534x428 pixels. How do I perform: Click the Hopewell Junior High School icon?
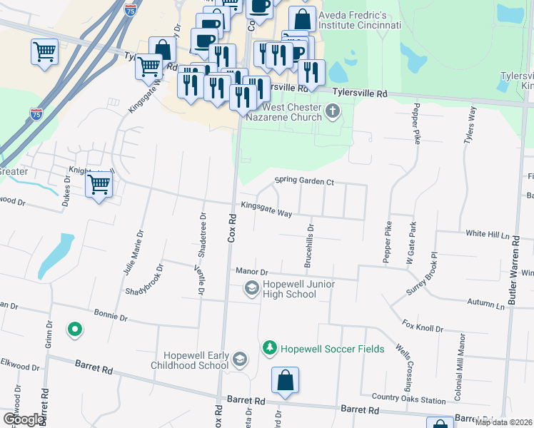pos(251,288)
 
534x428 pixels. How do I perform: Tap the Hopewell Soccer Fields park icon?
pos(269,348)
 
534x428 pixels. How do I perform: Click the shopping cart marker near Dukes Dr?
pos(99,185)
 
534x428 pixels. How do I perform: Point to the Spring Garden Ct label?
pos(304,182)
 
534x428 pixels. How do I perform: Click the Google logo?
pos(22,419)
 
